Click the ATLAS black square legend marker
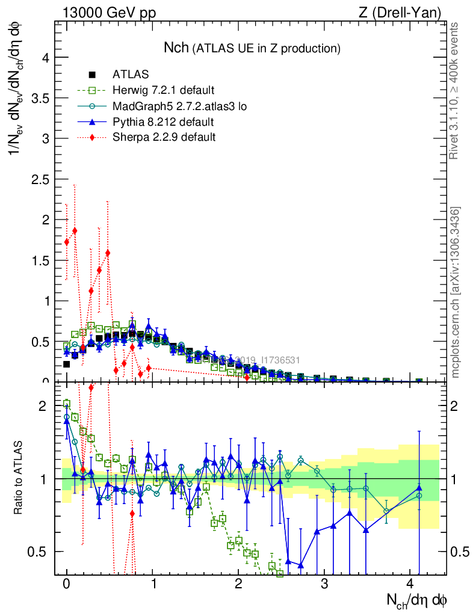[x=93, y=75]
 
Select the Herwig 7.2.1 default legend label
[x=163, y=90]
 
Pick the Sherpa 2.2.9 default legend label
[x=164, y=138]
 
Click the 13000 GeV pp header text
[x=108, y=13]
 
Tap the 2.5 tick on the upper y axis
[x=39, y=179]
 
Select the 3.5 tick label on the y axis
[x=39, y=98]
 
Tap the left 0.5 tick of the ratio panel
[x=40, y=552]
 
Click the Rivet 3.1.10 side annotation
[x=454, y=91]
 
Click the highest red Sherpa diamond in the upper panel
[x=75, y=230]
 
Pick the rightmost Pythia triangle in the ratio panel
[x=419, y=488]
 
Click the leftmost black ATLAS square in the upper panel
[x=67, y=364]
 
